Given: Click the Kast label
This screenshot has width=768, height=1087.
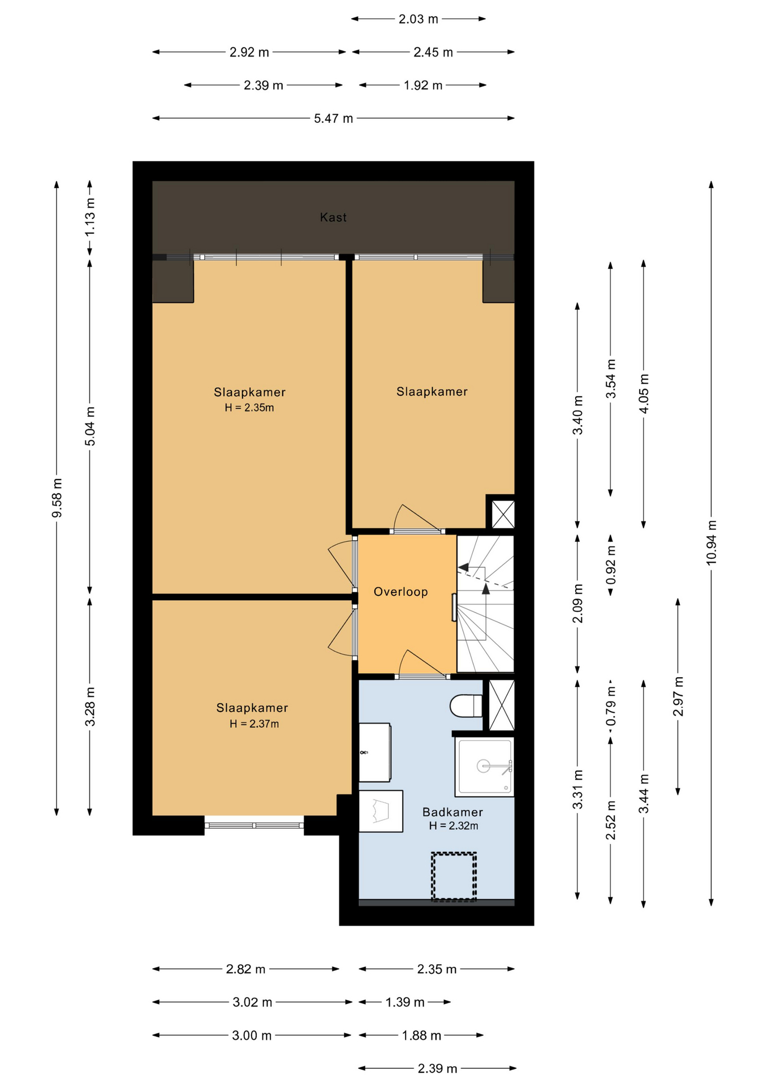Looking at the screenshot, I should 333,217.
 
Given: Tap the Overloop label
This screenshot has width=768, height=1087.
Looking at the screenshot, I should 400,592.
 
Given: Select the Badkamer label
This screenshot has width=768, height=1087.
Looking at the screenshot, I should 452,812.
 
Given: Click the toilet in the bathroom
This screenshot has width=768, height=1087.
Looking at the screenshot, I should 465,706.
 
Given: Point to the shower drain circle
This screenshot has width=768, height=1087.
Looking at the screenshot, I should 484,766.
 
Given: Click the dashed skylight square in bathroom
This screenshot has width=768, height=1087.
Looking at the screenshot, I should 454,876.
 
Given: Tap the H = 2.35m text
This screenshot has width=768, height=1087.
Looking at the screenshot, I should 249,408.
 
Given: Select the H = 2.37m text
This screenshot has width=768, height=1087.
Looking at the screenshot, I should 254,724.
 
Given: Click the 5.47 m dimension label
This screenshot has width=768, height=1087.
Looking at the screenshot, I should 333,118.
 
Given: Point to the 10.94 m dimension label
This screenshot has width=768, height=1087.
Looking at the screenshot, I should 711,542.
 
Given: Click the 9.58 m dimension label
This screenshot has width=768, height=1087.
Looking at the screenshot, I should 57,498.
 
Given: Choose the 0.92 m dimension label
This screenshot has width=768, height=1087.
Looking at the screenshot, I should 611,565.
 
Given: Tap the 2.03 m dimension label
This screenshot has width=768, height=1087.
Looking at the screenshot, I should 418,19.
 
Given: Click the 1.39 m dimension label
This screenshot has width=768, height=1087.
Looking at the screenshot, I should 405,1002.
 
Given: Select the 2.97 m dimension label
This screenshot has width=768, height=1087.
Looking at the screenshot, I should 678,696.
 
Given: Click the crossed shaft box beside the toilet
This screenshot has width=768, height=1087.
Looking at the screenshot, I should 502,705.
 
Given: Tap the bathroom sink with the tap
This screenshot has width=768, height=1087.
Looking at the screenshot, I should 375,752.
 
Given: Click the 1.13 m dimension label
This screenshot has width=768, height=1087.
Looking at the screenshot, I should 89,217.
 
